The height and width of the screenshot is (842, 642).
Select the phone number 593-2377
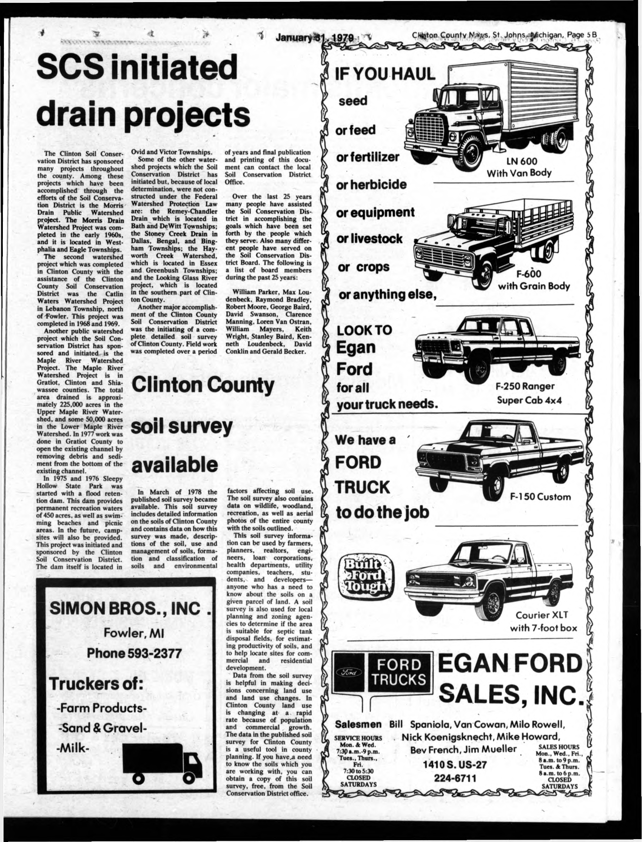pos(134,653)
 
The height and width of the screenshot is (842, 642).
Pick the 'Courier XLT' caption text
pos(542,615)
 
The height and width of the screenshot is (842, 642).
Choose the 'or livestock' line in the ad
pos(369,239)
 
